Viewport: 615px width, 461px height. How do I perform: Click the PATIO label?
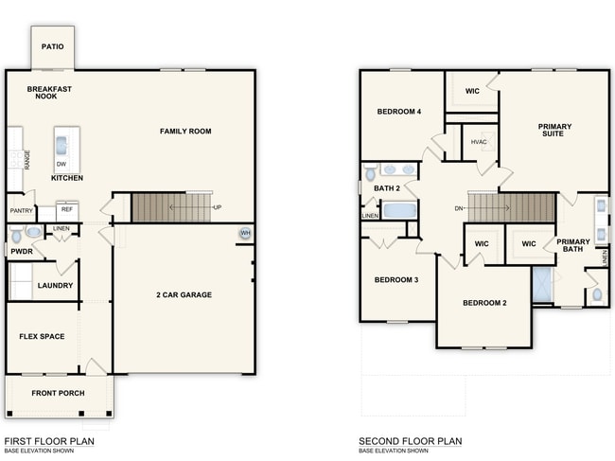pyautogui.click(x=53, y=45)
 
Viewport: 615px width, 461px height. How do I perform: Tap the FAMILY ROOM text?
pyautogui.click(x=185, y=132)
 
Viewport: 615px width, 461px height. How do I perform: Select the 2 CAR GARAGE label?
pyautogui.click(x=184, y=294)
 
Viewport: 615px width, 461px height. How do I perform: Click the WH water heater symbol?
pyautogui.click(x=246, y=234)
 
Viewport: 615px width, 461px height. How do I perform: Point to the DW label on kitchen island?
pyautogui.click(x=61, y=164)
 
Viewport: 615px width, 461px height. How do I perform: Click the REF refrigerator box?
pyautogui.click(x=67, y=210)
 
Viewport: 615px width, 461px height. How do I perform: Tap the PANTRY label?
pyautogui.click(x=21, y=210)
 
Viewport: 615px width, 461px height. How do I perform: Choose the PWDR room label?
pyautogui.click(x=21, y=252)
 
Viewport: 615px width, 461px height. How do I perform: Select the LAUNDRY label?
pyautogui.click(x=55, y=285)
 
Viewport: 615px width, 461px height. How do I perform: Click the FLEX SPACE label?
pyautogui.click(x=42, y=336)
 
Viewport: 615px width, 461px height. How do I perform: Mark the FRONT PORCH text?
pyautogui.click(x=58, y=393)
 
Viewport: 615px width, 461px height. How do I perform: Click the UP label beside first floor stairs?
pyautogui.click(x=218, y=206)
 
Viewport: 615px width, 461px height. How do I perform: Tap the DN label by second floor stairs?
pyautogui.click(x=459, y=207)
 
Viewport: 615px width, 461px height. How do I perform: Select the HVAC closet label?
pyautogui.click(x=479, y=143)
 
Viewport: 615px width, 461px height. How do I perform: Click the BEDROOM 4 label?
pyautogui.click(x=398, y=112)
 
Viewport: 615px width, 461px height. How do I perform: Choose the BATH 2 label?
pyautogui.click(x=386, y=188)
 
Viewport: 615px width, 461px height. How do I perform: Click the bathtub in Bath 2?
pyautogui.click(x=399, y=208)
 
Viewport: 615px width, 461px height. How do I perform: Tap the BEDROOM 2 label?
pyautogui.click(x=484, y=303)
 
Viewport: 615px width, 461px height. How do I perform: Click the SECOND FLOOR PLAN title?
pyautogui.click(x=410, y=441)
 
